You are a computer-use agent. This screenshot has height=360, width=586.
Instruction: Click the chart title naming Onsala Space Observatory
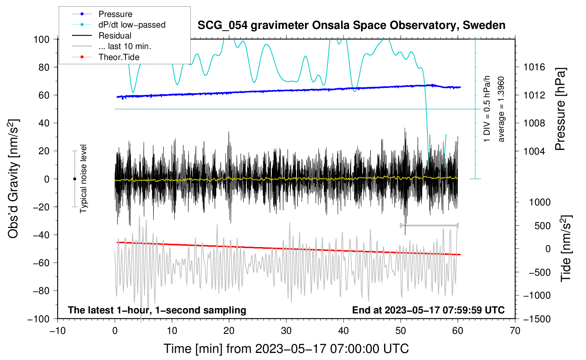[351, 25]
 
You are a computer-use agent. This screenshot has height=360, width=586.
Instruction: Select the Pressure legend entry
[115, 14]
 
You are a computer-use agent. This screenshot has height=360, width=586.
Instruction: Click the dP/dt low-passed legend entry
[132, 25]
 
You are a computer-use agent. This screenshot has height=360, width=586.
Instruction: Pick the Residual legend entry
[115, 36]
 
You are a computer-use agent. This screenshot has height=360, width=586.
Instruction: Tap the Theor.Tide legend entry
[119, 57]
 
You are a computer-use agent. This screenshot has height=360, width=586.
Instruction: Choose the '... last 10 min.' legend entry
[125, 46]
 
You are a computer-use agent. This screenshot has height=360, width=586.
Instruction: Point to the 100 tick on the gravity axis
[41, 39]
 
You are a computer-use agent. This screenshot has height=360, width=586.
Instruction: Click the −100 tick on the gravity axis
[38, 319]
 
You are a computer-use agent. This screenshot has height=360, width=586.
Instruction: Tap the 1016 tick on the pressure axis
[534, 67]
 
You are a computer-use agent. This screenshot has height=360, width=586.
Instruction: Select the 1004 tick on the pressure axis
[534, 151]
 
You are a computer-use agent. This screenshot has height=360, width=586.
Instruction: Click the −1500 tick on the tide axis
[537, 319]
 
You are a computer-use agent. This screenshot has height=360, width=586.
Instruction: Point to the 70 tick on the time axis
[515, 331]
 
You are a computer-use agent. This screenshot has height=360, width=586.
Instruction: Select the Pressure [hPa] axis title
[560, 109]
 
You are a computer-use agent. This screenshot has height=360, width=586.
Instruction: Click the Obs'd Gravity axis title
[13, 179]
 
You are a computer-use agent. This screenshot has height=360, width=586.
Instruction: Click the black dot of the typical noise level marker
[74, 179]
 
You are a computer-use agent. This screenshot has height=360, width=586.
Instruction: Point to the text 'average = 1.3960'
[501, 109]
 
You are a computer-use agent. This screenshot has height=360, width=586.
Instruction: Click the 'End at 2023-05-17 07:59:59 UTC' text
[428, 310]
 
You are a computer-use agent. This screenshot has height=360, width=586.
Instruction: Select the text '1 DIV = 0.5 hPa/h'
[487, 109]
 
